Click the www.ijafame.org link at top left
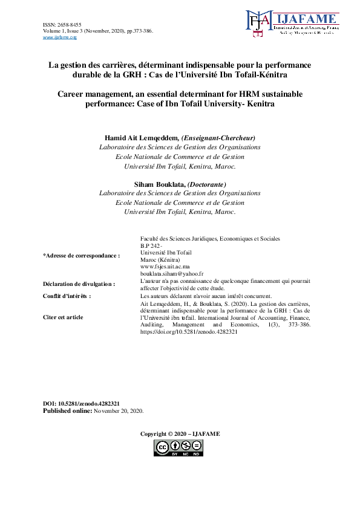[x=60, y=37]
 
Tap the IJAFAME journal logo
[x=292, y=25]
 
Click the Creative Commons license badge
[x=178, y=448]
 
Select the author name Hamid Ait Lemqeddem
[x=137, y=137]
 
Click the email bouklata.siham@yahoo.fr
[x=172, y=274]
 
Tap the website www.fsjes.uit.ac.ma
[x=165, y=266]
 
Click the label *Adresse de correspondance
[x=81, y=256]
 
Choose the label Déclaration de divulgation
[x=79, y=284]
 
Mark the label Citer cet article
[x=63, y=317]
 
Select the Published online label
[x=67, y=410]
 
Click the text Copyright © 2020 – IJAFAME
[x=180, y=434]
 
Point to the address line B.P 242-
[x=151, y=246]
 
